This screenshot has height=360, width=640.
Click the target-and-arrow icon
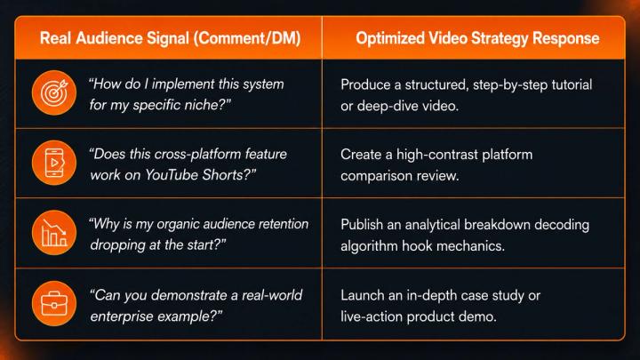tap(54, 92)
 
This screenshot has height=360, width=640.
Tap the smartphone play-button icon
tap(54, 163)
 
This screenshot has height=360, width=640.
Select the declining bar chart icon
tap(54, 233)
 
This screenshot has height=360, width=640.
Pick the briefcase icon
tap(54, 303)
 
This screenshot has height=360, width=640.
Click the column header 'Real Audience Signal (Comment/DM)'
tap(170, 38)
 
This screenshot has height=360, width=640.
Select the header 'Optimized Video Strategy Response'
tap(477, 38)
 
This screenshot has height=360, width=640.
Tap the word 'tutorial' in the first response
tap(572, 85)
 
